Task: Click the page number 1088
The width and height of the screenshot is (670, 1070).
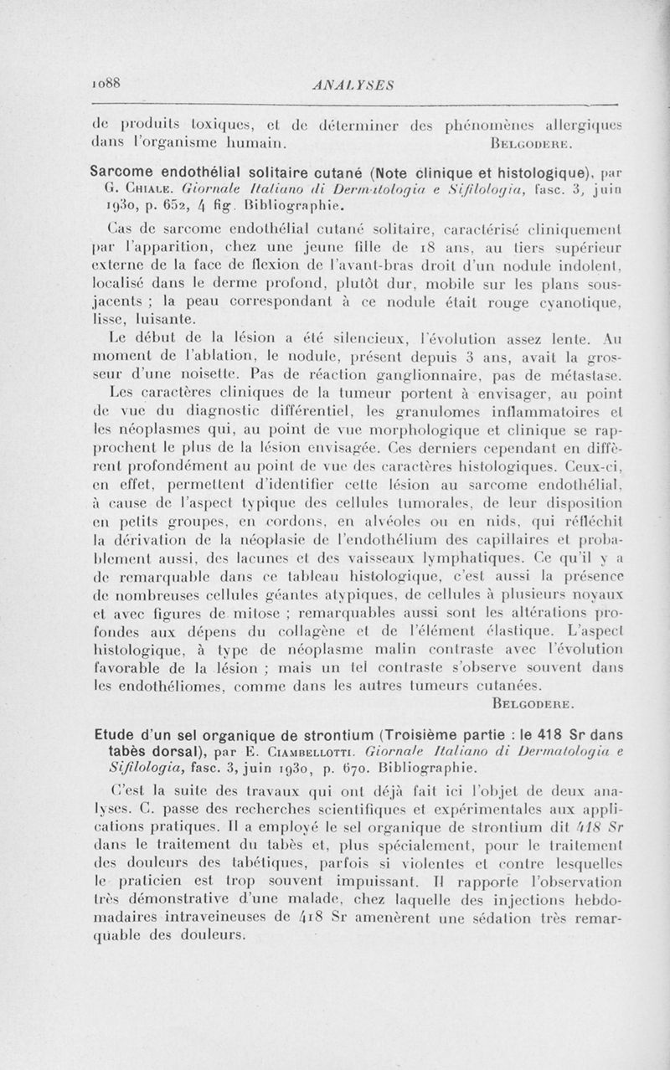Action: [x=108, y=84]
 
